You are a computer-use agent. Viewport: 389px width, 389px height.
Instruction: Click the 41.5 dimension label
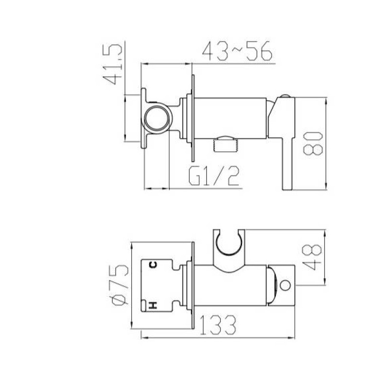tap(113, 65)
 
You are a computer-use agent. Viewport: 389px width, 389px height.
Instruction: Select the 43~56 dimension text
tap(237, 51)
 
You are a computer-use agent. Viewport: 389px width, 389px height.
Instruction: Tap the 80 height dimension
tap(313, 143)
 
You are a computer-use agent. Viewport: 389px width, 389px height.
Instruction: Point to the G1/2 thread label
tap(214, 176)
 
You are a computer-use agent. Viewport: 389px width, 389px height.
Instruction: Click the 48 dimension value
tap(312, 257)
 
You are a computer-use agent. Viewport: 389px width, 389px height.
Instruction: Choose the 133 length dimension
tap(218, 325)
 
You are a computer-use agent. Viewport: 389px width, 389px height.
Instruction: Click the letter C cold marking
tap(153, 265)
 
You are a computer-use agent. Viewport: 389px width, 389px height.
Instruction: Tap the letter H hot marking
tap(153, 305)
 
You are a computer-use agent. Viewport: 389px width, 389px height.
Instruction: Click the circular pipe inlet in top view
tap(157, 118)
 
